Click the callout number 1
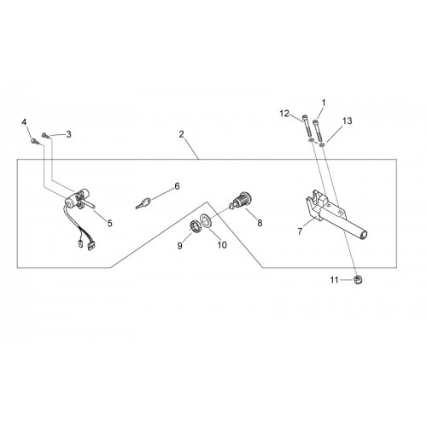pos(324,102)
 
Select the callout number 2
pos(182,134)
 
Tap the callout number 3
pos(68,134)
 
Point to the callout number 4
pos(24,122)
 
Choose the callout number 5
pos(110,223)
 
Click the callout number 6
pos(177,186)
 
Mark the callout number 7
pos(300,231)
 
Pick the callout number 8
pos(260,223)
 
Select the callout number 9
pos(179,246)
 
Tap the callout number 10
pos(222,245)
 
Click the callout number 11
pos(334,280)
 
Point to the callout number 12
pos(284,114)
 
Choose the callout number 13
pos(347,121)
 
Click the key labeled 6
pos(143,203)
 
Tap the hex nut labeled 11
pos(358,279)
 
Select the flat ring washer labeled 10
pos(207,220)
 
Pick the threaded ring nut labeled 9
pos(195,226)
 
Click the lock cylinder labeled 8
pos(241,200)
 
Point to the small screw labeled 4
pos(34,141)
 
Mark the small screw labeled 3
pos(45,136)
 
